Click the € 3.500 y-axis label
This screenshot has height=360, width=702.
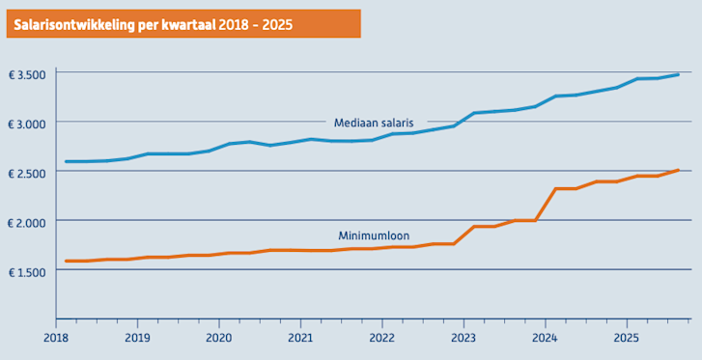(x=26, y=73)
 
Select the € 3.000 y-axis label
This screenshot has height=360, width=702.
(x=26, y=123)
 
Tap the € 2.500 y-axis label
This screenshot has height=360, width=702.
(x=26, y=172)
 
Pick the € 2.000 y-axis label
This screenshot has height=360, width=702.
(x=26, y=221)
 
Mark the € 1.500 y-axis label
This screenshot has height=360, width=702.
(x=26, y=270)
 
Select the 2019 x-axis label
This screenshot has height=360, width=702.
(x=137, y=339)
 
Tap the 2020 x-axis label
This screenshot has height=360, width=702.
(x=219, y=339)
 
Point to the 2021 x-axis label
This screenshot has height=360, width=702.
(x=300, y=339)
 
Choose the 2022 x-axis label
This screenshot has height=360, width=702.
(x=382, y=339)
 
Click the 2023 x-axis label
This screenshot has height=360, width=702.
(x=463, y=339)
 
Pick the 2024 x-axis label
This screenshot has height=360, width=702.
(x=546, y=339)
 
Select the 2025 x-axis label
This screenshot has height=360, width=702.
(x=627, y=339)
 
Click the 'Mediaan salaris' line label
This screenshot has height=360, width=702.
(x=374, y=123)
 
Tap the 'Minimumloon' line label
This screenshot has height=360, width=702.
(x=373, y=235)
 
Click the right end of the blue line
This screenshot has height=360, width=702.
(x=678, y=74)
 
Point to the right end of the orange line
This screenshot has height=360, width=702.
(x=678, y=170)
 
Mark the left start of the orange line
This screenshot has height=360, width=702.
(x=67, y=261)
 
